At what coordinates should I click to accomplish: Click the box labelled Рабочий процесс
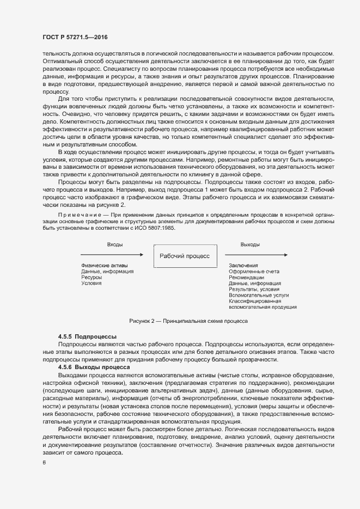tap(184, 255)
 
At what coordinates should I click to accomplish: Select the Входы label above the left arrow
tap(114, 244)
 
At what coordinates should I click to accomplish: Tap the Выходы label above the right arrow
tap(250, 244)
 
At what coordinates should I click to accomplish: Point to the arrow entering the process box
tap(112, 254)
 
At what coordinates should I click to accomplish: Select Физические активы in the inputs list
tap(105, 265)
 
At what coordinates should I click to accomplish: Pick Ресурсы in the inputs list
tap(91, 277)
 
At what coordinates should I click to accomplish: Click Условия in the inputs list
tap(91, 283)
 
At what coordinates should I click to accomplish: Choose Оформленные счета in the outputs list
tap(254, 271)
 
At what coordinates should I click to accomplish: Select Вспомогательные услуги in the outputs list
tap(259, 295)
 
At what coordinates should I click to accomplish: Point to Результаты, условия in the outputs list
tap(251, 289)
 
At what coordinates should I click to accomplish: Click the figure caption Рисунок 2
tap(188, 321)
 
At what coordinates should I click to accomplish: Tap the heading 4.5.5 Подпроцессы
tap(87, 338)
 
